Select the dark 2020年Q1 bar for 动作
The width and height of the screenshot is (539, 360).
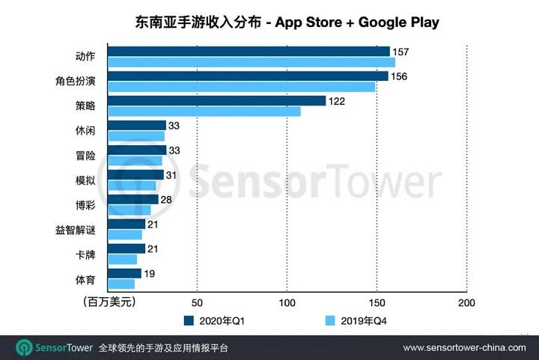click(x=249, y=52)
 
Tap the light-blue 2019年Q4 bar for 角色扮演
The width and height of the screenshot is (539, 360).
click(x=241, y=87)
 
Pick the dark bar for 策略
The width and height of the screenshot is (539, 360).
click(x=216, y=101)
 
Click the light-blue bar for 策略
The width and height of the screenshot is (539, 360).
click(x=204, y=112)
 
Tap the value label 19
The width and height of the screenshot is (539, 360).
click(x=149, y=274)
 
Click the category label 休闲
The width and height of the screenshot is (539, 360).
click(x=85, y=130)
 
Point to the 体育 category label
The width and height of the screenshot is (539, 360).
click(x=85, y=278)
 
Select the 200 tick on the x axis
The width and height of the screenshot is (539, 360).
click(x=466, y=302)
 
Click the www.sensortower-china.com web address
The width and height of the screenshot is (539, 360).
click(x=465, y=348)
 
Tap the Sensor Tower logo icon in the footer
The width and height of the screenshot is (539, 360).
click(x=24, y=348)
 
